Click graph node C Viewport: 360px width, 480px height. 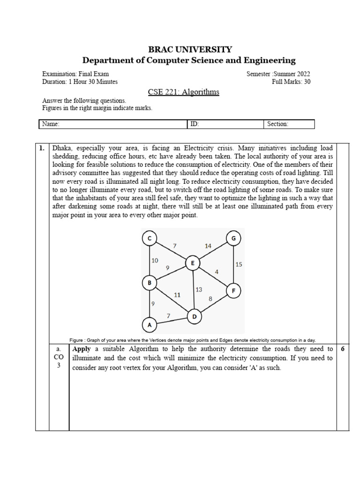(x=150, y=239)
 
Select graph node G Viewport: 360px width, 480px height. (x=233, y=239)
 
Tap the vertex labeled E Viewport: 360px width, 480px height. (x=192, y=263)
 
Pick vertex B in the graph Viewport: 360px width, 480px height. (x=150, y=283)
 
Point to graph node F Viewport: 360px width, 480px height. (x=233, y=291)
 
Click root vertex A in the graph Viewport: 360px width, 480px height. (x=150, y=324)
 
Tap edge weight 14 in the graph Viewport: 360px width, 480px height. (x=208, y=246)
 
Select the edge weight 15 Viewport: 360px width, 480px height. (x=239, y=264)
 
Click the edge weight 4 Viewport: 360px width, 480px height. (x=216, y=272)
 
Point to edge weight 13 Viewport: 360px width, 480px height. (x=199, y=290)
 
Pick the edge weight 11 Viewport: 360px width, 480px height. (x=177, y=295)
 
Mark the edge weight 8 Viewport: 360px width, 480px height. (x=210, y=298)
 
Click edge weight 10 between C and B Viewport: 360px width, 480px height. (x=155, y=260)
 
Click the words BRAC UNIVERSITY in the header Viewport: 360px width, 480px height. (x=189, y=49)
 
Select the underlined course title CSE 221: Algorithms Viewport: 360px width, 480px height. (x=183, y=92)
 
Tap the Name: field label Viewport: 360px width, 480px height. (x=50, y=124)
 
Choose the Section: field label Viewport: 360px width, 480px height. (x=277, y=124)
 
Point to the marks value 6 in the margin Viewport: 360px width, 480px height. (x=342, y=349)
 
